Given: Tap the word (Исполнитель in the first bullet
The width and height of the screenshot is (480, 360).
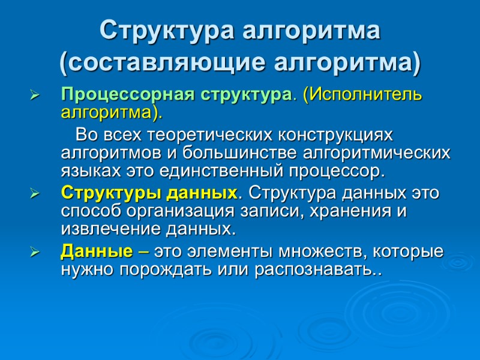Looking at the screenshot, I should tap(363, 95).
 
